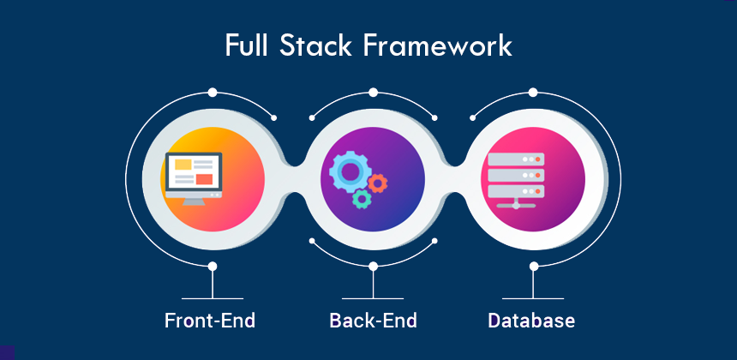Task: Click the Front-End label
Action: tap(210, 321)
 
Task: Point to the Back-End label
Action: tap(373, 321)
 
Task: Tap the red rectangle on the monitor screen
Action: tap(204, 178)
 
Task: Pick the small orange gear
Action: tap(378, 182)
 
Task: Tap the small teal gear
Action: tap(362, 200)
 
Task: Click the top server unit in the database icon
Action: tap(515, 159)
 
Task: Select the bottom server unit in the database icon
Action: tap(515, 191)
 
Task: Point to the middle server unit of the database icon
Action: tap(515, 175)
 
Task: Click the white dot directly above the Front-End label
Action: tap(212, 267)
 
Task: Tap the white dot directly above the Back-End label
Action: tap(373, 267)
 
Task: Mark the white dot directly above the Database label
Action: tap(533, 267)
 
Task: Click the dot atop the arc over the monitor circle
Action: tap(212, 91)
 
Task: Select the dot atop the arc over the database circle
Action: tap(533, 91)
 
